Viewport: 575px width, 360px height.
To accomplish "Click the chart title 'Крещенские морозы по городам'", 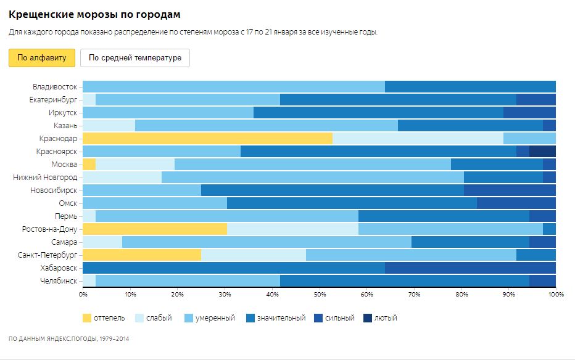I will pyautogui.click(x=95, y=14).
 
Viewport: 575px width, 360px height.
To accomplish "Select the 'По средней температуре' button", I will pyautogui.click(x=135, y=58).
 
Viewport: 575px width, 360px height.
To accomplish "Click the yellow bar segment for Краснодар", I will pyautogui.click(x=207, y=138).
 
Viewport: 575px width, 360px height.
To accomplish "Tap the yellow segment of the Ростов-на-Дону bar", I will pyautogui.click(x=155, y=229).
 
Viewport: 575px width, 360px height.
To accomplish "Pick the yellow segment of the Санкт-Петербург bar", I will pyautogui.click(x=142, y=255).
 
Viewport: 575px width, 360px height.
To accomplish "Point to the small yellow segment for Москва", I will pyautogui.click(x=89, y=164).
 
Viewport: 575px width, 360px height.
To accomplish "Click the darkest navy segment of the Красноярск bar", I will pyautogui.click(x=542, y=151).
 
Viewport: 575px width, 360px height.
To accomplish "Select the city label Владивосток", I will pyautogui.click(x=55, y=86).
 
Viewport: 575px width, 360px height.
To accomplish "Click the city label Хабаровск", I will pyautogui.click(x=59, y=268).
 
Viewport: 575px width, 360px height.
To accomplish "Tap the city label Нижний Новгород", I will pyautogui.click(x=45, y=177).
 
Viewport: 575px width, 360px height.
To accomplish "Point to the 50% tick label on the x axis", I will pyautogui.click(x=320, y=295).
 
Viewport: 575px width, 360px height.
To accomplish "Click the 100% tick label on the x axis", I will pyautogui.click(x=556, y=295).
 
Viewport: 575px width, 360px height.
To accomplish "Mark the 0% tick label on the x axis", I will pyautogui.click(x=83, y=295).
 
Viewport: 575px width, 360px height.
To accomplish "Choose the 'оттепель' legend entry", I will pyautogui.click(x=104, y=318).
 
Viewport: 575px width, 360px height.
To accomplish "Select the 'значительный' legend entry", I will pyautogui.click(x=276, y=318).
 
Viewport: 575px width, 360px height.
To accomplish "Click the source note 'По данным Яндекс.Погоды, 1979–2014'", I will pyautogui.click(x=69, y=338).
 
